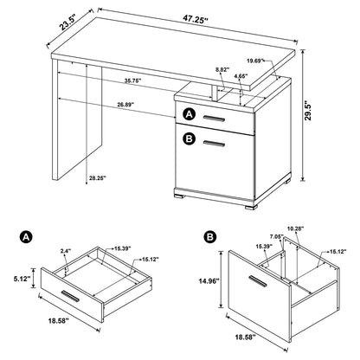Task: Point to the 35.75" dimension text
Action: [132, 80]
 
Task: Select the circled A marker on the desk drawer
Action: [189, 112]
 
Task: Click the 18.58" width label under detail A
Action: [83, 344]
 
